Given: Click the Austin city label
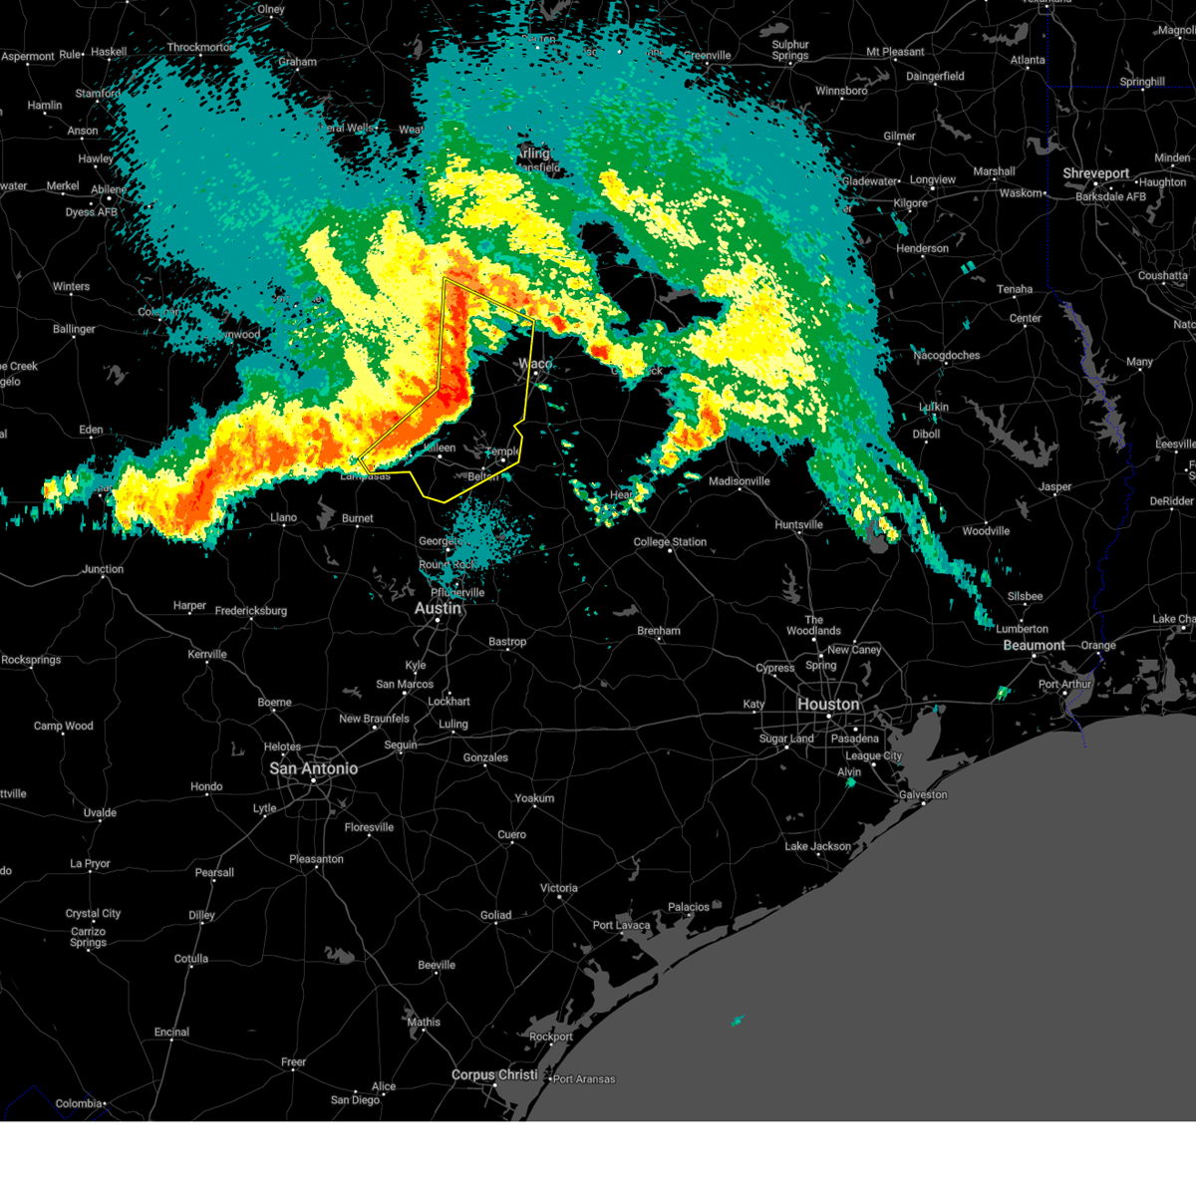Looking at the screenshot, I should (438, 608).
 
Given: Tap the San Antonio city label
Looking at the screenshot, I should (313, 768).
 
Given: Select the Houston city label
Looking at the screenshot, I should (827, 704).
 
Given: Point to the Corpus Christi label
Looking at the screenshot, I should (494, 1074).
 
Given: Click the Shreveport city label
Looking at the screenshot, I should (1095, 173).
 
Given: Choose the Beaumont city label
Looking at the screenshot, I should (1034, 645).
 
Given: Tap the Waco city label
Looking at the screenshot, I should (534, 364).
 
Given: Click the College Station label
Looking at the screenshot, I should (670, 542).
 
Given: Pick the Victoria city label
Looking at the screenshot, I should (558, 888).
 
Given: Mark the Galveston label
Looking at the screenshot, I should (923, 794).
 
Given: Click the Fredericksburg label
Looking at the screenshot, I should (250, 610).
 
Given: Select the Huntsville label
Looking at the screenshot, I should (798, 524).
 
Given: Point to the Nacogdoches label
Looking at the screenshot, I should (946, 355).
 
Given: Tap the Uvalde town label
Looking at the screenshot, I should (100, 812).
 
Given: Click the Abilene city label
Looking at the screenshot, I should (108, 189).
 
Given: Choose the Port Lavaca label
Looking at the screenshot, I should (621, 925).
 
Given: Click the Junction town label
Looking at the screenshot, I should (103, 569).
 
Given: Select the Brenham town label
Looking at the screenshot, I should (659, 631).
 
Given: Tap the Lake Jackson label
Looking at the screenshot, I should (817, 846).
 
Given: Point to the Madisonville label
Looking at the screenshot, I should (739, 481).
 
